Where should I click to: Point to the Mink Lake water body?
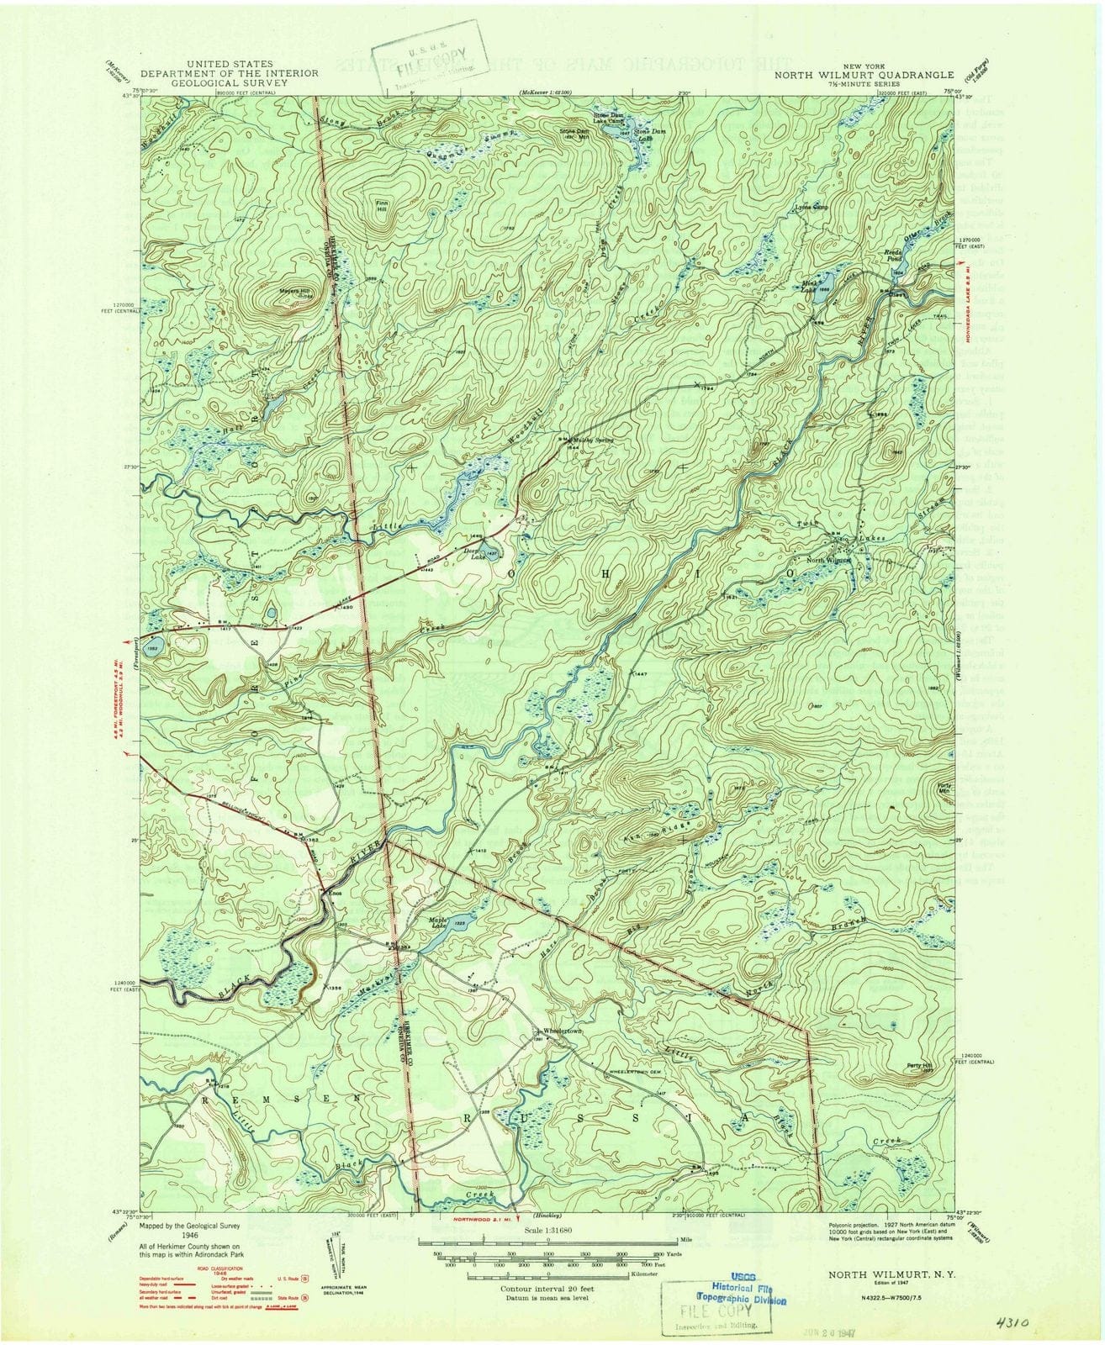pyautogui.click(x=822, y=281)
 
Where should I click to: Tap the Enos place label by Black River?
pyautogui.click(x=335, y=893)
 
